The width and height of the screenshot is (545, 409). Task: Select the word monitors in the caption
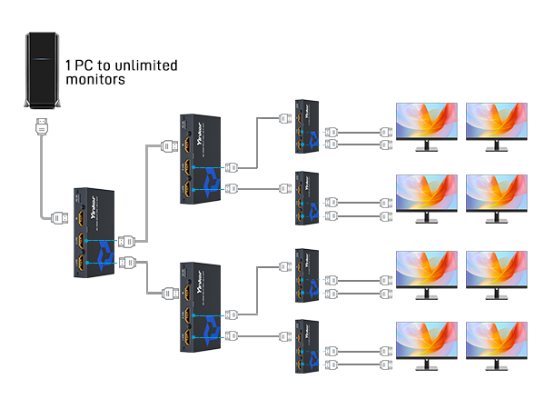point(94,80)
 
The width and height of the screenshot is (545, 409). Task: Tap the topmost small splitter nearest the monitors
point(307,125)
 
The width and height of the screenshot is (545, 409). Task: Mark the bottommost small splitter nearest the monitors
point(307,344)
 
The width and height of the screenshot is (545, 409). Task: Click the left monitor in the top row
point(425,123)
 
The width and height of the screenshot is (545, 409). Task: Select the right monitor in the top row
point(496,123)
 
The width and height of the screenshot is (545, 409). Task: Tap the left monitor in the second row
point(425,195)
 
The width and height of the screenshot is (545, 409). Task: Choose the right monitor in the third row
point(496,270)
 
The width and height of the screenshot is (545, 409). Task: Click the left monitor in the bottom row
point(425,343)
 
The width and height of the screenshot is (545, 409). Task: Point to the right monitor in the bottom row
point(496,343)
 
